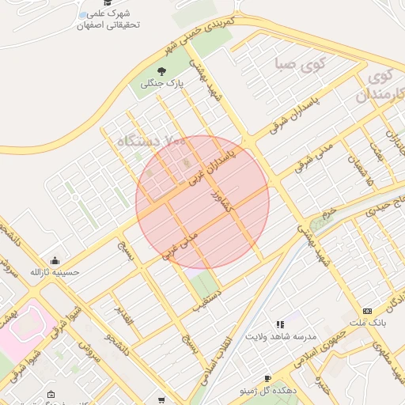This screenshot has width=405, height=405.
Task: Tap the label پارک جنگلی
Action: coord(162,82)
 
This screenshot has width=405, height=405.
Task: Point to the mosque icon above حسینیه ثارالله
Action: coord(55,260)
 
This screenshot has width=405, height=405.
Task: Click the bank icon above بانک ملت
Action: coord(367,311)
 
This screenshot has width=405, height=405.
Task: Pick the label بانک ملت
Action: coord(367,323)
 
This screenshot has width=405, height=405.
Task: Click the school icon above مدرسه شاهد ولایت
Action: coord(280,324)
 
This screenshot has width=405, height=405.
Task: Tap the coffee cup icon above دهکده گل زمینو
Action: coord(267,379)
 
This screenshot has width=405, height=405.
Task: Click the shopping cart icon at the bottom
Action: coord(161,401)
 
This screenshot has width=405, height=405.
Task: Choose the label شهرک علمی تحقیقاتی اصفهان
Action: coord(108,20)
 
